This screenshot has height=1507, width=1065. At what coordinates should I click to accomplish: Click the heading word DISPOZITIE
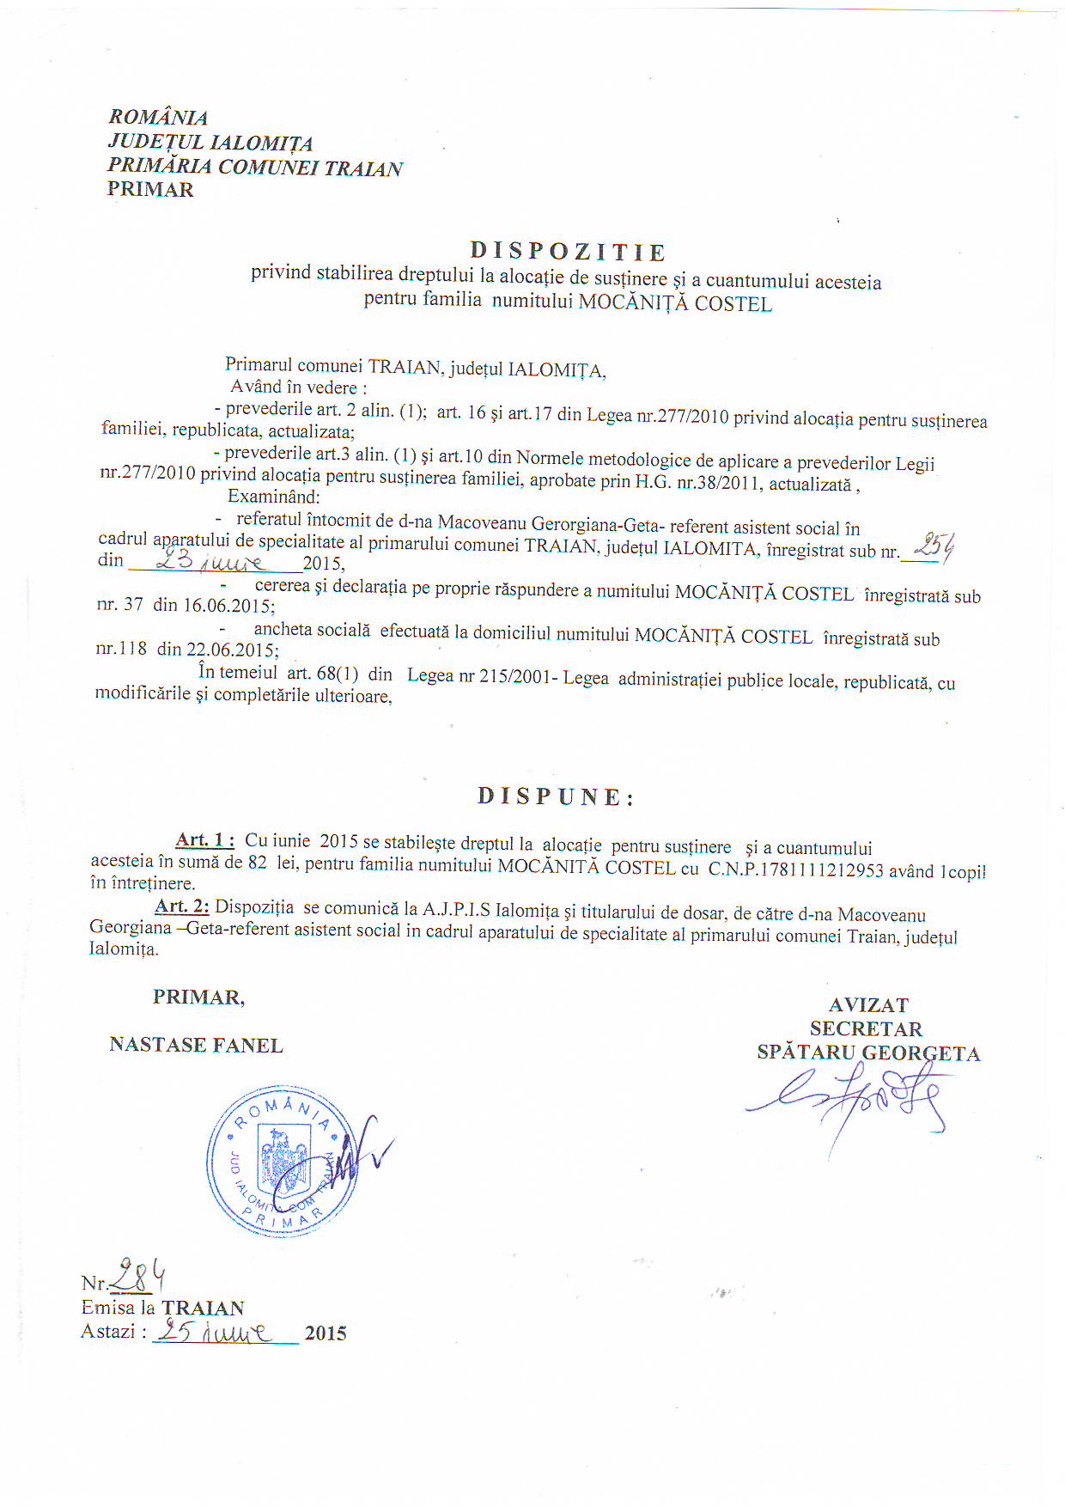[568, 252]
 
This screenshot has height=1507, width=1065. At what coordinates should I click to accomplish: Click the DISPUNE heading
[556, 796]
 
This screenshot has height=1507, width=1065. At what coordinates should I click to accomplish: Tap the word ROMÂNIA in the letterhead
[158, 117]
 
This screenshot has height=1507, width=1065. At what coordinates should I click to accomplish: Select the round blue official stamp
[283, 1161]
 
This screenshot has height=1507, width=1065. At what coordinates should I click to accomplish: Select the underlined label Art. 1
[204, 839]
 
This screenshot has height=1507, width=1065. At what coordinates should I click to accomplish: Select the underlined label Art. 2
[182, 906]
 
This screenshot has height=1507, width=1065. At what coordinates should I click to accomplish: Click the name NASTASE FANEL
[196, 1045]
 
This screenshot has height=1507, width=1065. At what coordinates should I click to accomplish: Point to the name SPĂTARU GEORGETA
[867, 1052]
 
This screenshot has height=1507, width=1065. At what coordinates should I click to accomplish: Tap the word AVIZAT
[868, 1004]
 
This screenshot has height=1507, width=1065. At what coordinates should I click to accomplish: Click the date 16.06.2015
[228, 606]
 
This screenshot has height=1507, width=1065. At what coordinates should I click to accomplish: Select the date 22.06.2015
[230, 650]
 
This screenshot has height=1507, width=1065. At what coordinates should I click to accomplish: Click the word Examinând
[273, 496]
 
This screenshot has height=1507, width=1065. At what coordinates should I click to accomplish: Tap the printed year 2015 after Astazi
[326, 1333]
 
